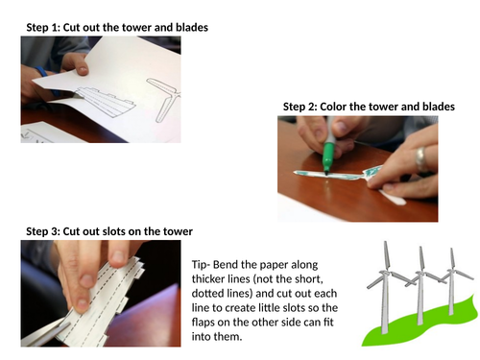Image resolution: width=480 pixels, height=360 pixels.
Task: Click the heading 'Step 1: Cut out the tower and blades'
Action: [117, 28]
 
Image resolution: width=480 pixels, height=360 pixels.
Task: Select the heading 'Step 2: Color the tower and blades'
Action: [369, 107]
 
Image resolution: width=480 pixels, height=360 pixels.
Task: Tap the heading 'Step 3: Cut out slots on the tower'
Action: [109, 231]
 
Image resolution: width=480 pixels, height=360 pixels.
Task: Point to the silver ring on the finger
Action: [420, 159]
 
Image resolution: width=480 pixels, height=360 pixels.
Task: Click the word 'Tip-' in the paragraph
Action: [201, 265]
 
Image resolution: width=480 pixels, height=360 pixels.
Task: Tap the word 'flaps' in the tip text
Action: [204, 322]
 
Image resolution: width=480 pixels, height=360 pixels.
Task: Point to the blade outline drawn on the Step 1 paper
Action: [166, 96]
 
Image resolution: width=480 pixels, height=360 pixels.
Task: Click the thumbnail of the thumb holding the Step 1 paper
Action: [84, 70]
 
